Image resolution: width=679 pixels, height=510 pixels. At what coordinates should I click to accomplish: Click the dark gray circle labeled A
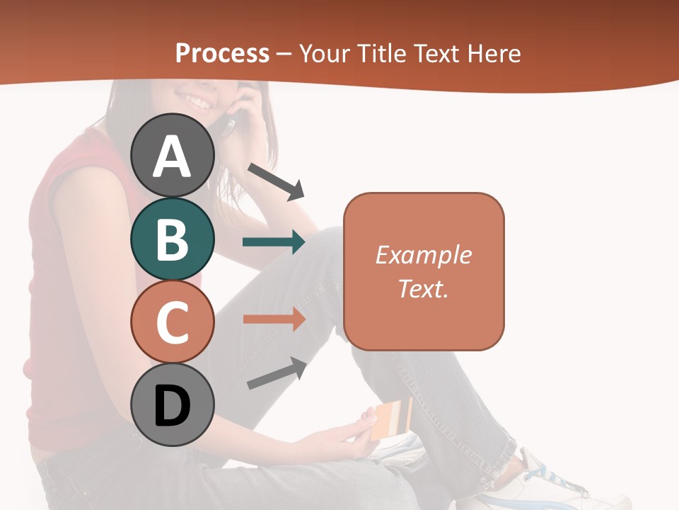tap(173, 156)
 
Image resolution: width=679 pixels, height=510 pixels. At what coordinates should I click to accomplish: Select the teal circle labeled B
tap(173, 239)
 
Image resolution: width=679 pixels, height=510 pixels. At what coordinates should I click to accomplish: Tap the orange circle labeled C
tap(173, 322)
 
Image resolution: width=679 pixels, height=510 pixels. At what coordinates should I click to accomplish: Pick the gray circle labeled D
tap(173, 405)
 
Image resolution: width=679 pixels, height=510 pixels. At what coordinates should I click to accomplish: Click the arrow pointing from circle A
tap(276, 181)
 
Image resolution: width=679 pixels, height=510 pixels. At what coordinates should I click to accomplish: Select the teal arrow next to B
tap(274, 242)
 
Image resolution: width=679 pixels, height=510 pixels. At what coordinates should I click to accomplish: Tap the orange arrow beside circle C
tap(274, 319)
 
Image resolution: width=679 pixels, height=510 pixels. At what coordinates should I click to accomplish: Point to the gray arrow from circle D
tap(277, 373)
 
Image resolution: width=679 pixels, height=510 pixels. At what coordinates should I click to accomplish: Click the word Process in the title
tap(222, 53)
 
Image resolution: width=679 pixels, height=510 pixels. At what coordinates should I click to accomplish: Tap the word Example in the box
tap(423, 255)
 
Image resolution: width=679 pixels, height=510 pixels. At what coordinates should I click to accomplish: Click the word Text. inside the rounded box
tap(423, 288)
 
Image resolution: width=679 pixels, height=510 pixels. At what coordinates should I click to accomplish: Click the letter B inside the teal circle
tap(173, 239)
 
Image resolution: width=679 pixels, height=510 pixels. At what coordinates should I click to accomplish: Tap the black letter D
tap(173, 407)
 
